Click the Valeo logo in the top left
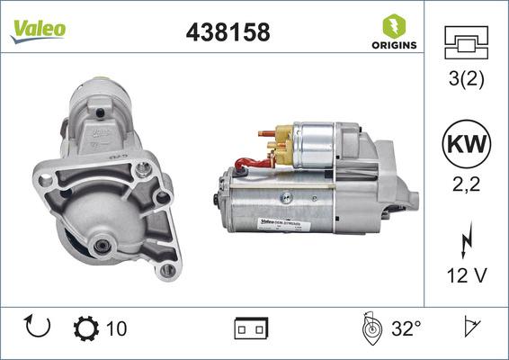tap(38, 28)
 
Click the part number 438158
tap(227, 33)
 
